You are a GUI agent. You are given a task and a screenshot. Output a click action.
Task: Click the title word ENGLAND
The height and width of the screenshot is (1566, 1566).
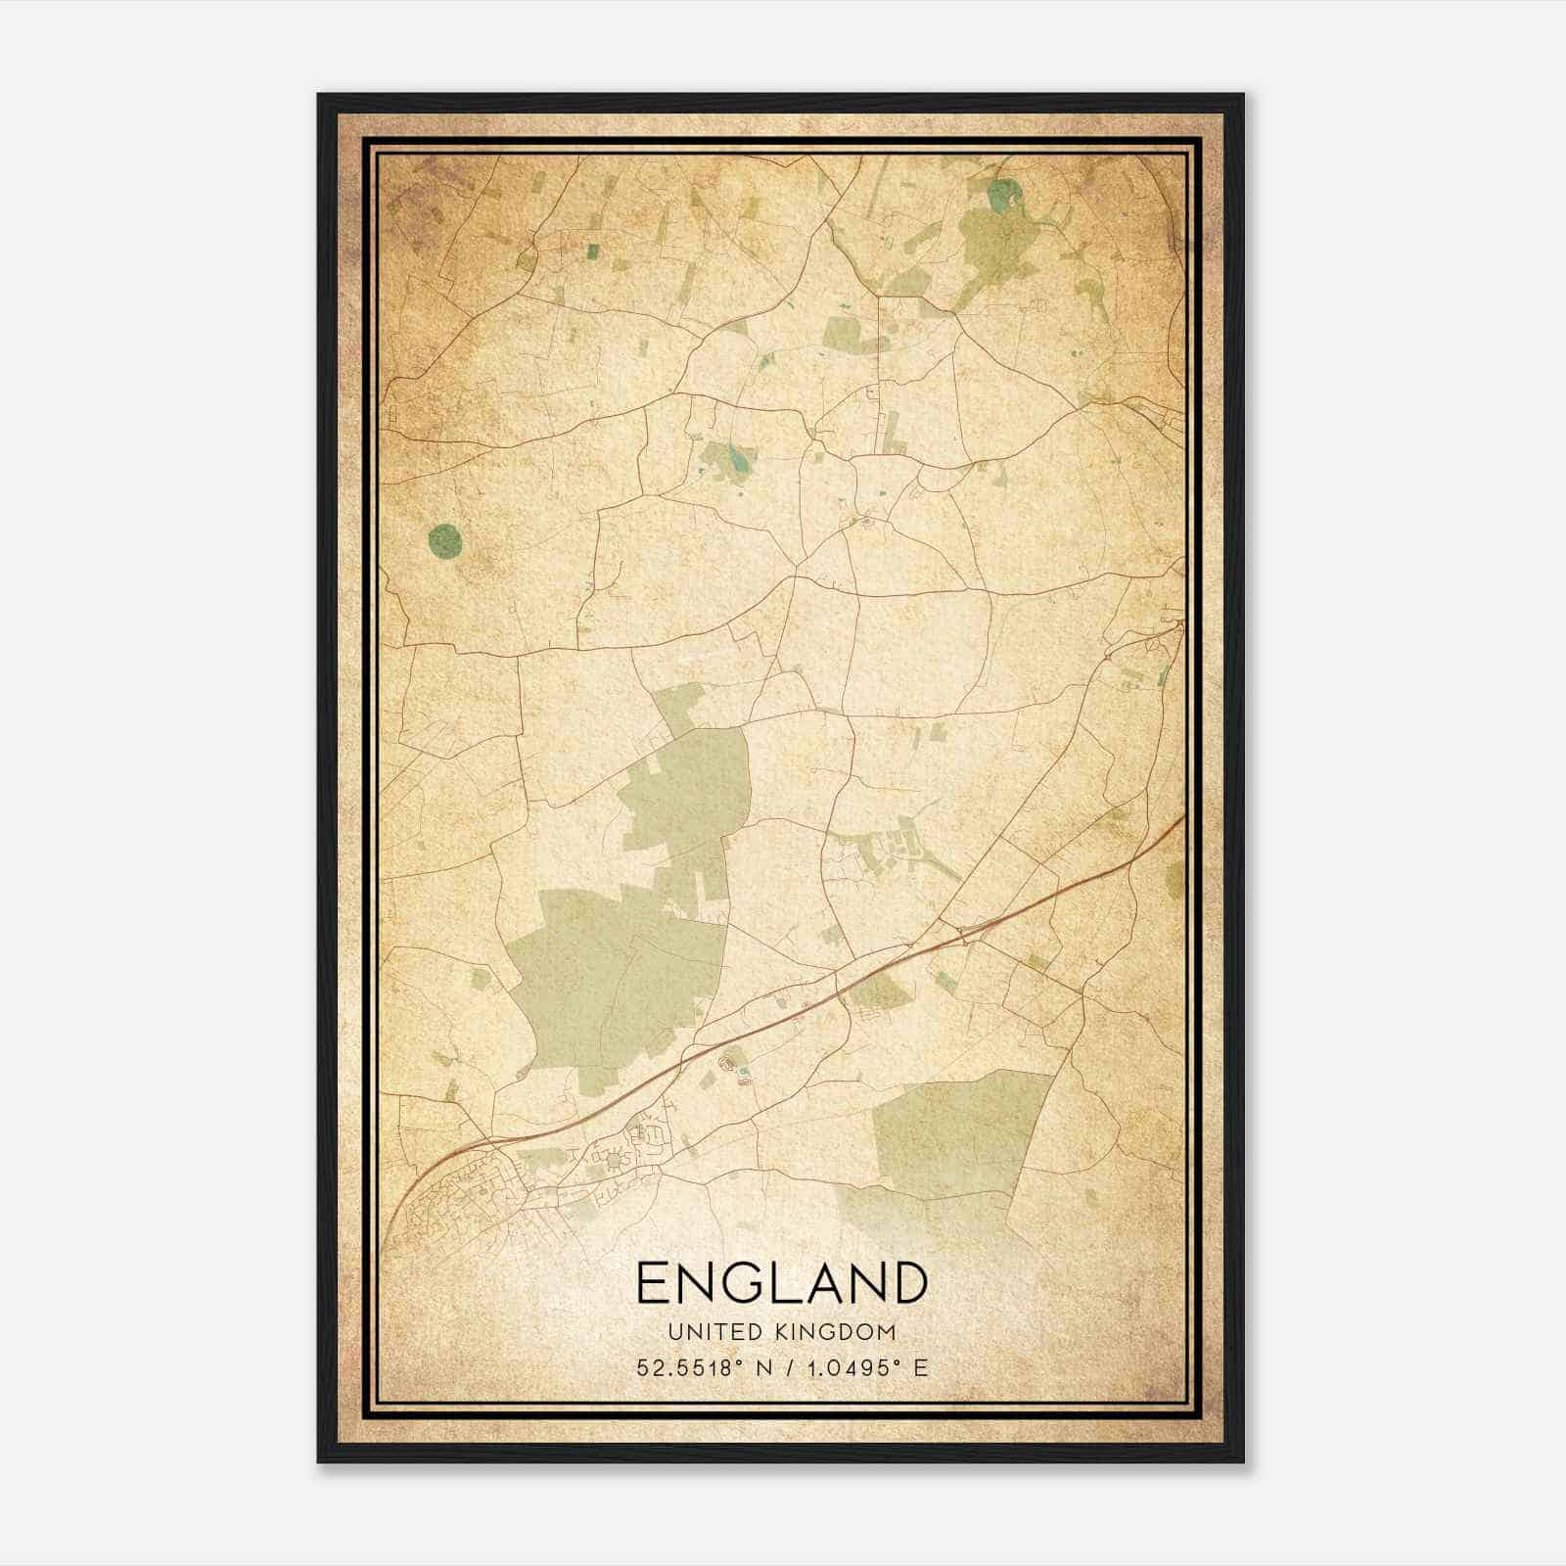coord(781,1283)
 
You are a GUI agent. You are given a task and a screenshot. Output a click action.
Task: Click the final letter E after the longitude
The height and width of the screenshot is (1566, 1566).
coord(919,1368)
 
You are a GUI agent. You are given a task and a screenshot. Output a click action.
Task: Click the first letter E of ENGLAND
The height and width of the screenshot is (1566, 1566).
coord(653,1283)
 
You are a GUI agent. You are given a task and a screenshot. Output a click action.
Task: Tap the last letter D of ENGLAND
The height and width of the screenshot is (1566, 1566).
coord(908,1283)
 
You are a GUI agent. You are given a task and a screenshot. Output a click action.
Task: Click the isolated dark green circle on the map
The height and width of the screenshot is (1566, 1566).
coord(444,539)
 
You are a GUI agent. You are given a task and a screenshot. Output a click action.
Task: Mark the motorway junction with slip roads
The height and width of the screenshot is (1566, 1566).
coord(964,936)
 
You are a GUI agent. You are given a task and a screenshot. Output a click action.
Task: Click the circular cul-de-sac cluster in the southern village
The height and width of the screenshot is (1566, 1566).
coord(615,1161)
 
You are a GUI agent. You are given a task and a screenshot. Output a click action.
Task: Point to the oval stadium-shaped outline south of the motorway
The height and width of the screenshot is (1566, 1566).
coord(728,1060)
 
